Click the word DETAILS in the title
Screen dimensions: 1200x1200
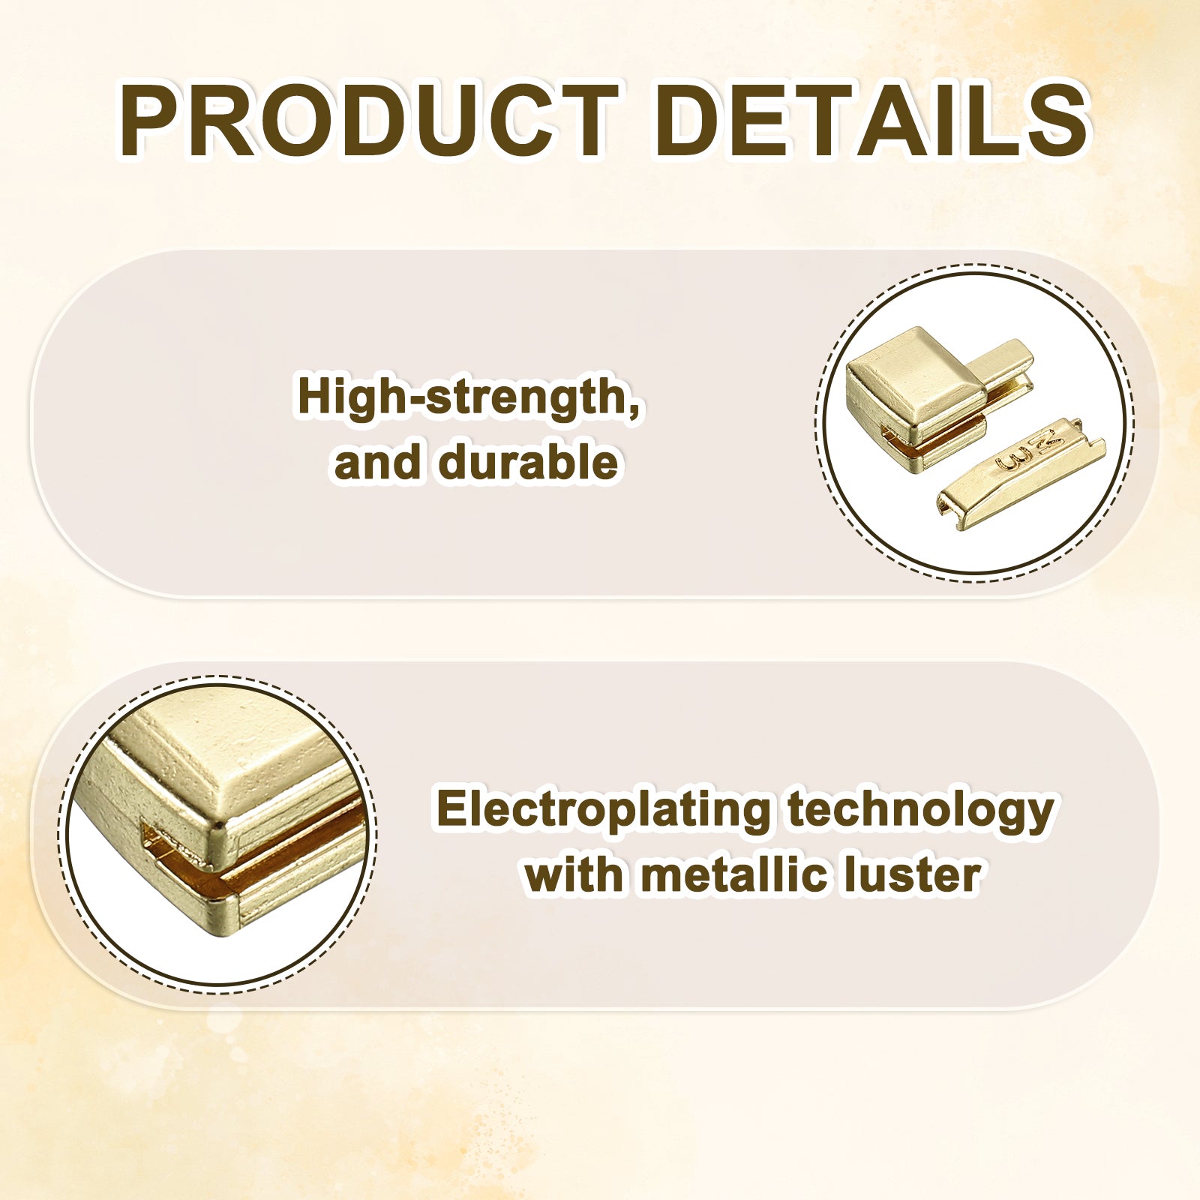[871, 121]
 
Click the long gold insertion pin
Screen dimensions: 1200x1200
[1021, 474]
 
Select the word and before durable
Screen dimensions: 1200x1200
[377, 461]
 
